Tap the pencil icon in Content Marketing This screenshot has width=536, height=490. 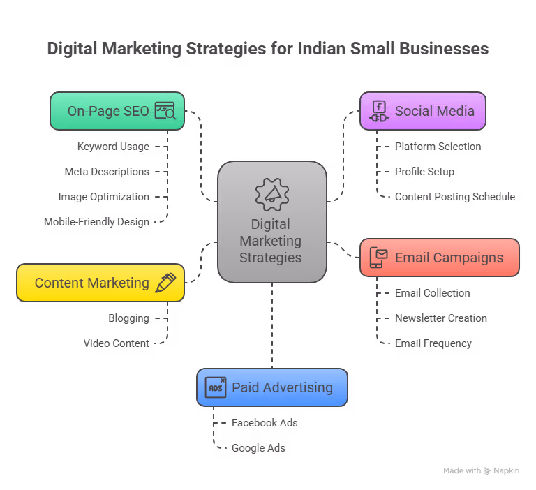[165, 283]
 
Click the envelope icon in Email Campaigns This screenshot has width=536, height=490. [378, 258]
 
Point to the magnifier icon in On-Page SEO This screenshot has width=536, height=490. [165, 110]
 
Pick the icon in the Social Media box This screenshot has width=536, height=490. [379, 111]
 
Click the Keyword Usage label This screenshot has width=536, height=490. [113, 147]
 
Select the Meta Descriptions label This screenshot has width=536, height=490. [107, 172]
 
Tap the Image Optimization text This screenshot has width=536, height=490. [104, 197]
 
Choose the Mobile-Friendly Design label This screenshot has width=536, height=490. [96, 222]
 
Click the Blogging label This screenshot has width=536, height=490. [129, 318]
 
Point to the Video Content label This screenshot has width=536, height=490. [117, 343]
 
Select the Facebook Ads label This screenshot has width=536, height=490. [265, 423]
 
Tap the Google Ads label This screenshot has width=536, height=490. [258, 448]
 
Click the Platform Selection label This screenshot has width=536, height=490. [438, 147]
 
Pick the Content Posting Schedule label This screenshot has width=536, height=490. [455, 197]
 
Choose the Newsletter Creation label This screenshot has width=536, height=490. [441, 318]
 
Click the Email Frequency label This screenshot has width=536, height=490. [433, 343]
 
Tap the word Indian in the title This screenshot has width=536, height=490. [321, 49]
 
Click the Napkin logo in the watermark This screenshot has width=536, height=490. [488, 471]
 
